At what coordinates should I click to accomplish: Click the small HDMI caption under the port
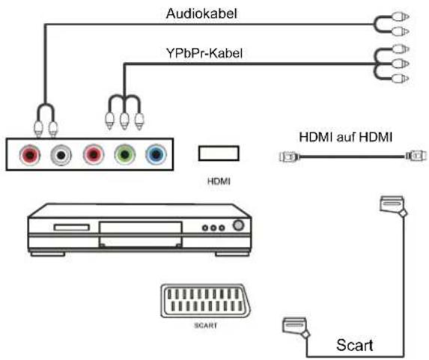pyautogui.click(x=218, y=180)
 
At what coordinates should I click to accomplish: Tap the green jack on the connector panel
pyautogui.click(x=124, y=155)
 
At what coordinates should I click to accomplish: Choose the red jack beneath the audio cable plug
pyautogui.click(x=30, y=155)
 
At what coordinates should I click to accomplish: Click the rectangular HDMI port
pyautogui.click(x=219, y=153)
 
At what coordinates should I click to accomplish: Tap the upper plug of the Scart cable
pyautogui.click(x=392, y=203)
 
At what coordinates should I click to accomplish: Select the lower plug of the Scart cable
pyautogui.click(x=293, y=326)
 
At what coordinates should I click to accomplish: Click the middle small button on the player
pyautogui.click(x=214, y=228)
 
